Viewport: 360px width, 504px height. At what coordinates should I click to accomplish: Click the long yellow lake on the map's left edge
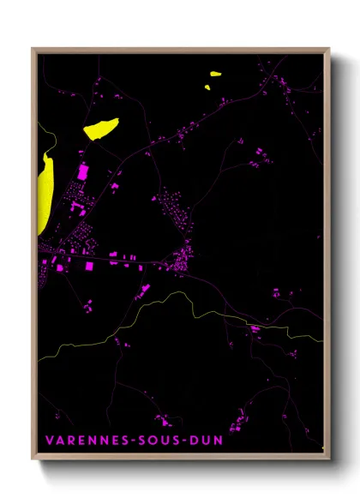44,193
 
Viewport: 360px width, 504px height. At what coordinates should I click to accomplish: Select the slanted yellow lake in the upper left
100,129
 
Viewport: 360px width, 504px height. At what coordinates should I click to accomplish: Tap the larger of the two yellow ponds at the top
213,73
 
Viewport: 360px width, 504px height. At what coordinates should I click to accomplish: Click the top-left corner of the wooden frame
33,49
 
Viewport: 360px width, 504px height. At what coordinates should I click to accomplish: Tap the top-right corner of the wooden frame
329,49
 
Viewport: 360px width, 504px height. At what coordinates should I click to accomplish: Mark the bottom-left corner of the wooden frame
33,459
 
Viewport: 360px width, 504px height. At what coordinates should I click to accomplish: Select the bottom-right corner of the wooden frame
329,459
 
